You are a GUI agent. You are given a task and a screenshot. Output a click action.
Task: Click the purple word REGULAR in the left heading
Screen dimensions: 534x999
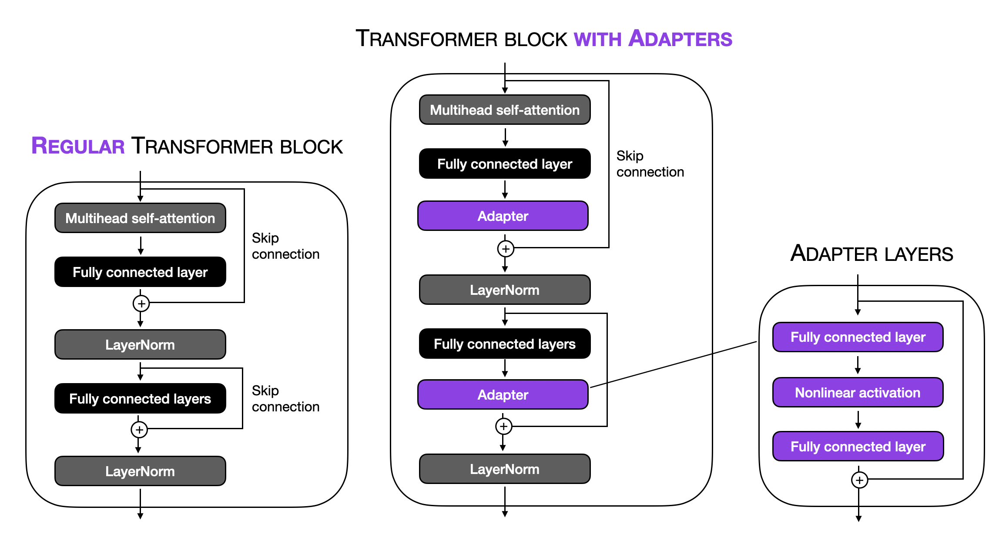point(78,146)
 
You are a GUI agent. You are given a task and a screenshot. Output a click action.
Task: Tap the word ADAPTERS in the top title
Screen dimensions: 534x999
point(681,39)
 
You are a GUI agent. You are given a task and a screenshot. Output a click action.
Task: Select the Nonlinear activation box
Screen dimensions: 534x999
point(858,393)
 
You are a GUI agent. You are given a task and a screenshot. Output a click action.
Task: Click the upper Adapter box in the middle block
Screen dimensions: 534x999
point(503,216)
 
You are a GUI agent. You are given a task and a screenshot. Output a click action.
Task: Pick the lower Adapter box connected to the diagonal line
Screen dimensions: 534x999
point(503,395)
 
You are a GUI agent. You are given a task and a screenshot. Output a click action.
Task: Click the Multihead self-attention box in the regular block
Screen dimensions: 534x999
point(140,218)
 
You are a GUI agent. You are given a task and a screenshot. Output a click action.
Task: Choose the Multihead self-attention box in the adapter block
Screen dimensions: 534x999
point(505,110)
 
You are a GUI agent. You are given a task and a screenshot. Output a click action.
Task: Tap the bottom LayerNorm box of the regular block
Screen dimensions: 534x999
point(140,471)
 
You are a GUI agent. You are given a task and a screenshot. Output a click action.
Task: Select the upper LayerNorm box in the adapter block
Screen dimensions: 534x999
point(505,290)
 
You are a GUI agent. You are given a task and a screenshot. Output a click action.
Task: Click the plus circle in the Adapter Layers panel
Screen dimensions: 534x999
point(859,480)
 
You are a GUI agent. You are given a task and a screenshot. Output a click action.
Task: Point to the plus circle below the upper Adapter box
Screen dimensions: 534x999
point(506,249)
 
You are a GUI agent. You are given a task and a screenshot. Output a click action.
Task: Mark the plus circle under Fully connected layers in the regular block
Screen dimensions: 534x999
point(139,430)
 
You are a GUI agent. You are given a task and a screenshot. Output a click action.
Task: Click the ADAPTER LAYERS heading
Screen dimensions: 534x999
point(872,254)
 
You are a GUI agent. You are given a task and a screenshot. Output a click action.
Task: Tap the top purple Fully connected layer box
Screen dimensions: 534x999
point(858,337)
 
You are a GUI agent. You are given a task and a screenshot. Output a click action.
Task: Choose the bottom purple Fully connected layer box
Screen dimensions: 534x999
point(858,447)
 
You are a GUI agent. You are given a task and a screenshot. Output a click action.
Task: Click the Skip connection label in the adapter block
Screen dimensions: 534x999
point(650,164)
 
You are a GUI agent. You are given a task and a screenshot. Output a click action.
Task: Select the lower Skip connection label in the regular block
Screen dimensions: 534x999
point(285,399)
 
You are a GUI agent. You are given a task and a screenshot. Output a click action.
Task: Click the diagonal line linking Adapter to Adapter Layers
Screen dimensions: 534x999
point(674,364)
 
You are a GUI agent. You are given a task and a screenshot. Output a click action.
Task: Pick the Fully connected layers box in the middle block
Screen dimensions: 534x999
point(505,344)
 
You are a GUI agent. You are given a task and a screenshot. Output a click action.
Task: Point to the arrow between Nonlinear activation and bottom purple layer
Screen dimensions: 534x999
point(858,420)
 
